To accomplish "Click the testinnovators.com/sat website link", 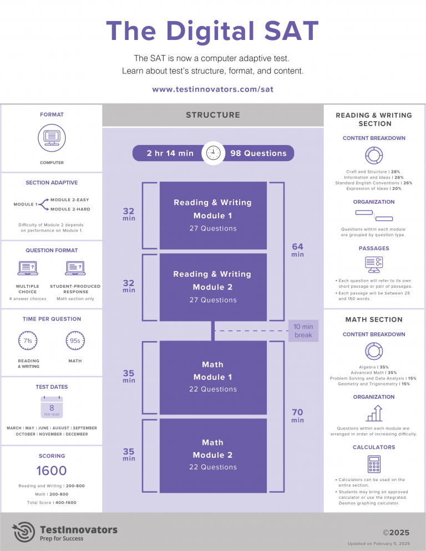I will pyautogui.click(x=212, y=89).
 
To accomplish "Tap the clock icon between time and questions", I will pyautogui.click(x=212, y=153).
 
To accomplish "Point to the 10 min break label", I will pyautogui.click(x=303, y=331).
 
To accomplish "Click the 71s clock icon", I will pyautogui.click(x=28, y=340).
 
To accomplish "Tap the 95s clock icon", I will pyautogui.click(x=75, y=340).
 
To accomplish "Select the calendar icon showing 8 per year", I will pyautogui.click(x=52, y=408).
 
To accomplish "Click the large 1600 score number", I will pyautogui.click(x=52, y=471).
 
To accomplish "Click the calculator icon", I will pyautogui.click(x=374, y=464).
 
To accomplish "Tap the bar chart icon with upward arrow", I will pyautogui.click(x=374, y=413).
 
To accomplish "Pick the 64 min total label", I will pyautogui.click(x=297, y=249).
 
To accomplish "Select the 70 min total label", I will pyautogui.click(x=297, y=415).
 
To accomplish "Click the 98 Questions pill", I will pyautogui.click(x=258, y=153).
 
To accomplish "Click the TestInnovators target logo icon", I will pyautogui.click(x=24, y=532).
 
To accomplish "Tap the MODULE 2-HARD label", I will pyautogui.click(x=69, y=209).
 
